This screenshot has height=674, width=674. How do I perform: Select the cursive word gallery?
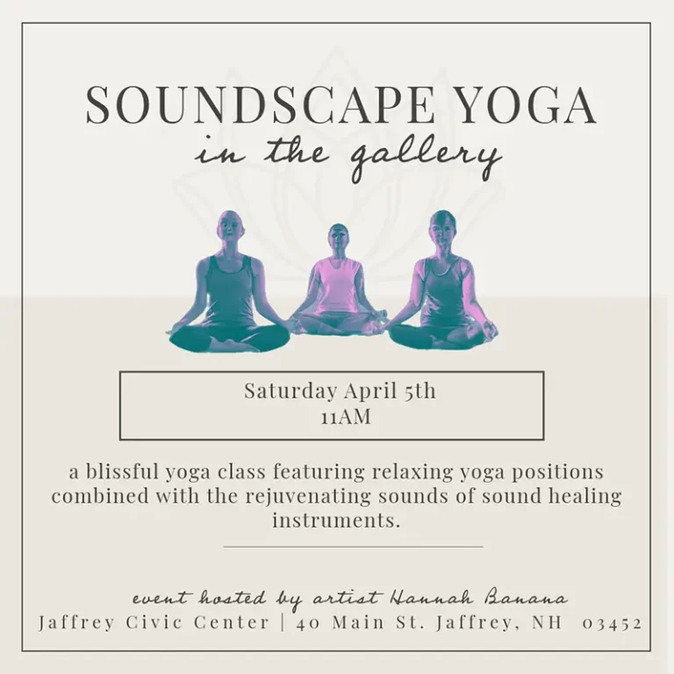(426, 156)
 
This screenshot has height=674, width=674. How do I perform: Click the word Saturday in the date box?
(290, 391)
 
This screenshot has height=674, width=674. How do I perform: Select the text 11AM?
(346, 417)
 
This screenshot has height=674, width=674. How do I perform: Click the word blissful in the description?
(123, 471)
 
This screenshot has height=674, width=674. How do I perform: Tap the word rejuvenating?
(308, 496)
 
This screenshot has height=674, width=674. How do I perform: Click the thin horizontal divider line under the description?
(354, 548)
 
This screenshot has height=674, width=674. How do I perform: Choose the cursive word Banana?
(527, 599)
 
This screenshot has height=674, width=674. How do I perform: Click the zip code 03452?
(612, 623)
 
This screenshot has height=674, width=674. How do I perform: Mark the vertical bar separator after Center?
(283, 623)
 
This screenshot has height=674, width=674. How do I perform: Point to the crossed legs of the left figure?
(229, 337)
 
